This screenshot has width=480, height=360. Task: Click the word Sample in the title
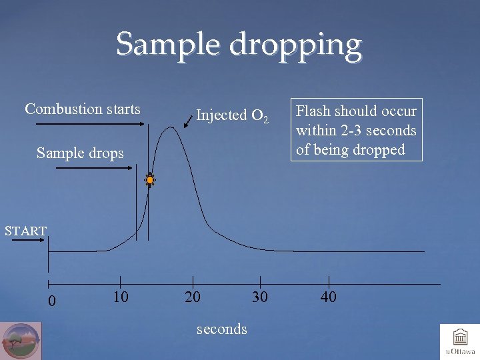pyautogui.click(x=169, y=45)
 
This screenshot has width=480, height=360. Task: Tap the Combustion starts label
pyautogui.click(x=83, y=109)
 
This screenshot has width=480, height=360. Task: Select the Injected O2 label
pyautogui.click(x=232, y=115)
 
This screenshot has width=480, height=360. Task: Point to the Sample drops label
pyautogui.click(x=80, y=153)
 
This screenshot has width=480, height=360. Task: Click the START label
pyautogui.click(x=25, y=231)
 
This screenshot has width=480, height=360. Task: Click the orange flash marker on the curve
pyautogui.click(x=151, y=180)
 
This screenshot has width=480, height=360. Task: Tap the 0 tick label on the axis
pyautogui.click(x=51, y=301)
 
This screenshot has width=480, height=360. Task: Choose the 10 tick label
pyautogui.click(x=120, y=297)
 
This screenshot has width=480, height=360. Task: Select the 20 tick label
pyautogui.click(x=193, y=297)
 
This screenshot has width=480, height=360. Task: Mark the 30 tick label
pyautogui.click(x=260, y=297)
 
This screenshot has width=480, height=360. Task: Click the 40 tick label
pyautogui.click(x=328, y=297)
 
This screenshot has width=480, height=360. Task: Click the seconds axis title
pyautogui.click(x=222, y=329)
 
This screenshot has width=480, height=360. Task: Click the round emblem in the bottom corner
pyautogui.click(x=21, y=341)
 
